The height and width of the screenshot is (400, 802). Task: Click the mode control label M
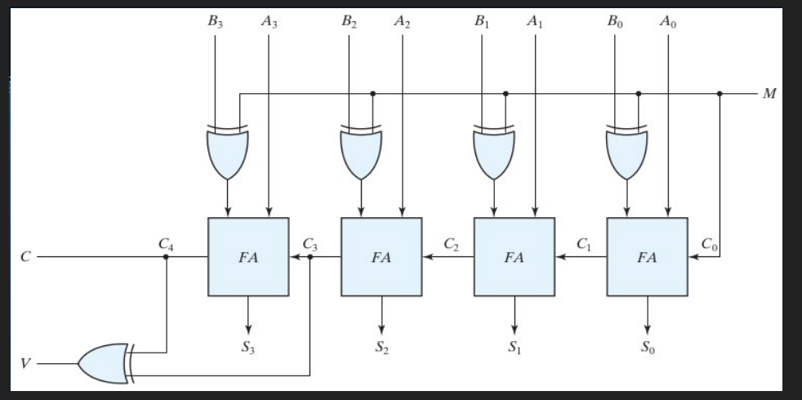click(x=769, y=94)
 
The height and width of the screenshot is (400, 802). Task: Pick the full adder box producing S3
click(x=247, y=257)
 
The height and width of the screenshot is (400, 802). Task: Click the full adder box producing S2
click(x=381, y=257)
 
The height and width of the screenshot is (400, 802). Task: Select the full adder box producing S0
click(x=647, y=257)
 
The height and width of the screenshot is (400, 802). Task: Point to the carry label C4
click(x=167, y=242)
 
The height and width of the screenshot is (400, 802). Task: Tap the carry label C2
click(x=451, y=242)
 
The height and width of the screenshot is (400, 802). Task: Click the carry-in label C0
click(x=709, y=242)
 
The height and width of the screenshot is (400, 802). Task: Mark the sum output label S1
click(x=514, y=347)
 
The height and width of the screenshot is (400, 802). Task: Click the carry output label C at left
click(x=25, y=256)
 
